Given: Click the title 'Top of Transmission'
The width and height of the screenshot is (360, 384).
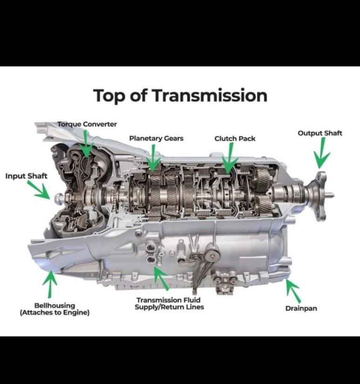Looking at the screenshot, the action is (x=180, y=96).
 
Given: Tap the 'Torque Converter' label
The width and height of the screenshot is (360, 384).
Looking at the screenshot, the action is (x=87, y=124).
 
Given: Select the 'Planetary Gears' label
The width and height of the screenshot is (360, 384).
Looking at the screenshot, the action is (x=156, y=139).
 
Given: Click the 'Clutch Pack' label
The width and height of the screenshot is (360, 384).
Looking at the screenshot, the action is (x=235, y=139).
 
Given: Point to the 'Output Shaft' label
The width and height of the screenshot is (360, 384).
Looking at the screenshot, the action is (x=320, y=133).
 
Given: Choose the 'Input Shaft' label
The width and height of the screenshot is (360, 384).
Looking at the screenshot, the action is (x=26, y=176).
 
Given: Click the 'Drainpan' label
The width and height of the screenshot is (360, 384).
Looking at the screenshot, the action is (x=301, y=308).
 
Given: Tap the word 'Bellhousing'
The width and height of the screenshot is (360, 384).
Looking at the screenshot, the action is (x=54, y=306).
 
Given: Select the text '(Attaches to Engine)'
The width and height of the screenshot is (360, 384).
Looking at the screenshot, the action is (x=54, y=313).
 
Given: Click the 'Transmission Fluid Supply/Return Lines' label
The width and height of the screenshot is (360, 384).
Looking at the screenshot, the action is (x=169, y=303).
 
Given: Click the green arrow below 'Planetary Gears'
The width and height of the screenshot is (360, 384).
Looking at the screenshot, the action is (x=153, y=158).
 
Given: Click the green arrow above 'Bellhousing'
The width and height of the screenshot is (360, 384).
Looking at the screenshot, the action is (x=50, y=284).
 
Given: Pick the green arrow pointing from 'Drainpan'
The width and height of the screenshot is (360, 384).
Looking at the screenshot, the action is (x=293, y=291).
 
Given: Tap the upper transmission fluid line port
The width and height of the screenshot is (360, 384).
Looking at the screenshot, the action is (x=150, y=248).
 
